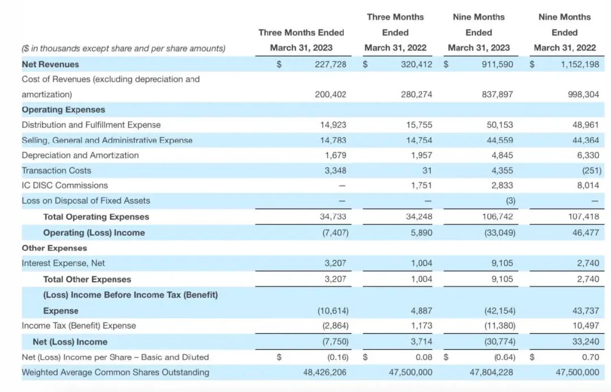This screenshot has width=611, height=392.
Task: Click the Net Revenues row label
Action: coord(50,64)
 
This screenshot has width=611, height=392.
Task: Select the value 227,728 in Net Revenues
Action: coord(330,64)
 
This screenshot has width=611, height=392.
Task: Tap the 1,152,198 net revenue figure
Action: coord(580,64)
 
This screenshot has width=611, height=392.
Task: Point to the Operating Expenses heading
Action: coord(63,110)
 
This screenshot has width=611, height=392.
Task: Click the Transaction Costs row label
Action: coord(56,170)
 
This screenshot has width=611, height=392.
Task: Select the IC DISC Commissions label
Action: coord(64,186)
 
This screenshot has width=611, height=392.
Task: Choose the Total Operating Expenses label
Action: coord(96,217)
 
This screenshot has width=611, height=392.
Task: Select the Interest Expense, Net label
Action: coord(63,263)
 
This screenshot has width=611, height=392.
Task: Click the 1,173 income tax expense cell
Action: coord(421,326)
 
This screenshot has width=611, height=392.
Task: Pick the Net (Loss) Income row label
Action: coord(70,342)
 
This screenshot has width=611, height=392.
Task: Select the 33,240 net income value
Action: coord(586,342)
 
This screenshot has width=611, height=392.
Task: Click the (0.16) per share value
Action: coord(337,357)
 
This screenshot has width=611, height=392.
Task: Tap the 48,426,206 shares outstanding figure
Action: coord(324,372)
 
